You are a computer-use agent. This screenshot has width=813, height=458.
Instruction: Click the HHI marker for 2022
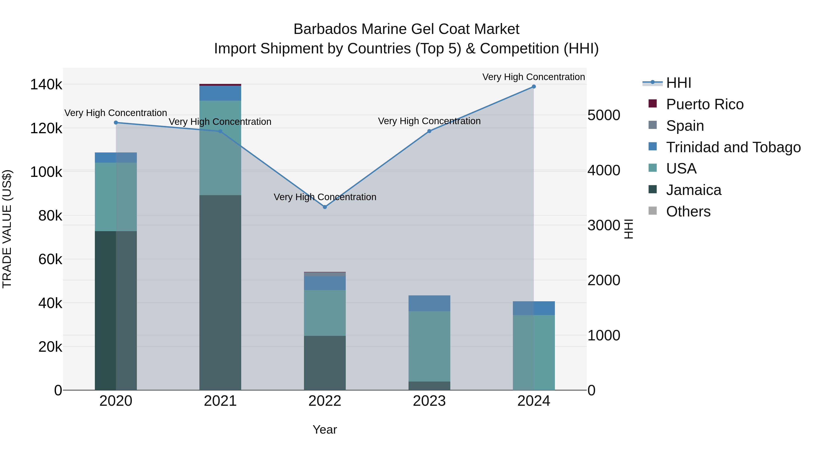325,207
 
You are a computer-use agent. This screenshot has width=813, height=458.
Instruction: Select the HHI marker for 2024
534,87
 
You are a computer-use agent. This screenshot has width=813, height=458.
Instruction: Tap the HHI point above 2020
116,123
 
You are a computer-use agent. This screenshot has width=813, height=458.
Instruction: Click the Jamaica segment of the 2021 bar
220,292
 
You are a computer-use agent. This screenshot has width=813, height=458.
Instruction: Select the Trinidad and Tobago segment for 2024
534,308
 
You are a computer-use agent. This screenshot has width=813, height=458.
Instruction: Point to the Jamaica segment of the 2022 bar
325,363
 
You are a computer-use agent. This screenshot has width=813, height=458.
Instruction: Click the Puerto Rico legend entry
705,104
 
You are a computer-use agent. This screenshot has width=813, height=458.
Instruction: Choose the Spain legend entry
685,126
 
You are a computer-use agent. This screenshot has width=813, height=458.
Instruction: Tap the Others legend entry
688,211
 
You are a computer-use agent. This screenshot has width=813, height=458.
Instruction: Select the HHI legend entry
679,83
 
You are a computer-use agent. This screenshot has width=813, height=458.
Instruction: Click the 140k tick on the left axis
46,85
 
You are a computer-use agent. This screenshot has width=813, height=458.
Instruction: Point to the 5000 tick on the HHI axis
604,115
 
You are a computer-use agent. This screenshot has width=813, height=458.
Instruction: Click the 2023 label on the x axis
429,401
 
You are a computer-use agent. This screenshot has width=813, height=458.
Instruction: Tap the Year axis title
325,430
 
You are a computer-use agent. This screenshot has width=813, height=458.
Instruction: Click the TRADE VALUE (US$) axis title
7,229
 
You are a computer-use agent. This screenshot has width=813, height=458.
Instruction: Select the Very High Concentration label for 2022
325,197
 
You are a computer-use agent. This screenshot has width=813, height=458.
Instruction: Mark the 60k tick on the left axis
50,259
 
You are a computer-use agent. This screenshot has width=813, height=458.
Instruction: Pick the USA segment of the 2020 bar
116,197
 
